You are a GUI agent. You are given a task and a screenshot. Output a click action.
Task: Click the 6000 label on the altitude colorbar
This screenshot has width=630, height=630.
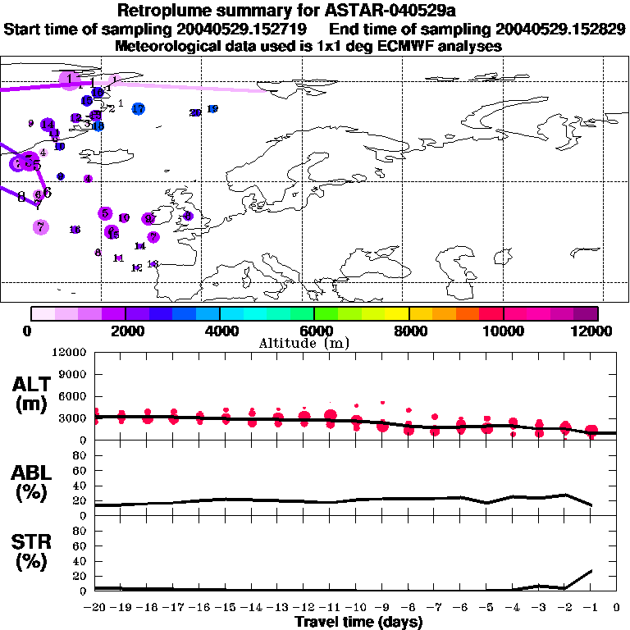(314, 331)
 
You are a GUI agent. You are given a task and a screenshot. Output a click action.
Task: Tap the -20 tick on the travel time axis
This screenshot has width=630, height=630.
(95, 608)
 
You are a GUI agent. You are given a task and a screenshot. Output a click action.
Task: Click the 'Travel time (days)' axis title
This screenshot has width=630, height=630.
(358, 623)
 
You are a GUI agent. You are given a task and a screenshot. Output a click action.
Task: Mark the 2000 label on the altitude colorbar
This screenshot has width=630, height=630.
(125, 331)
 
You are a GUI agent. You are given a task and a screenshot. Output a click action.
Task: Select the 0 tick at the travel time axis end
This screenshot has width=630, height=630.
(617, 608)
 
